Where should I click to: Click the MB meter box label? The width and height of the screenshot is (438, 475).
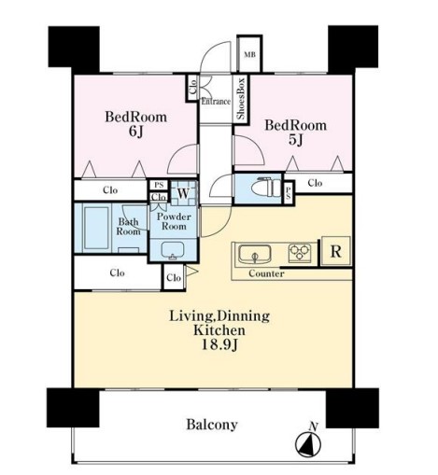(249, 55)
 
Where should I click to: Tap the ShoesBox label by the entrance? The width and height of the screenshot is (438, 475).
(241, 98)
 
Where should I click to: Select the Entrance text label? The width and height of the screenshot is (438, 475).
(216, 102)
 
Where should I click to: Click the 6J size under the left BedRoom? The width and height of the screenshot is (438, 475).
(135, 132)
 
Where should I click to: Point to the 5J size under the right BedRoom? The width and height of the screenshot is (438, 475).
(295, 140)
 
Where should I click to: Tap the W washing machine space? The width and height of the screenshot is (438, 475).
(184, 193)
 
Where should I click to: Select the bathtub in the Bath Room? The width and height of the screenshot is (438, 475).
(96, 228)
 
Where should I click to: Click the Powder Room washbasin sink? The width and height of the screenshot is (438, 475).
(173, 250)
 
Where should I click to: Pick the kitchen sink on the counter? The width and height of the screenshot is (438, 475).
(254, 254)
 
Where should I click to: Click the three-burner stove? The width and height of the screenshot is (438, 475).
(300, 252)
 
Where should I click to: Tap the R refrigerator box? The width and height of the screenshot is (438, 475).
(335, 251)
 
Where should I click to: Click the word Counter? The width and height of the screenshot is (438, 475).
(266, 273)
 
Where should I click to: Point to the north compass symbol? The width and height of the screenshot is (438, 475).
(308, 444)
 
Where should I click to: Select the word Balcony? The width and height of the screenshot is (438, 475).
(212, 425)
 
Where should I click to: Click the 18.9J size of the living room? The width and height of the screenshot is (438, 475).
(219, 344)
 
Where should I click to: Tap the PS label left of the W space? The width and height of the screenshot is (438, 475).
(159, 185)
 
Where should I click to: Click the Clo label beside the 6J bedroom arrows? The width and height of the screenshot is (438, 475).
(110, 189)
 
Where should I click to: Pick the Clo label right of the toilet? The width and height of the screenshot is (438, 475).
(315, 183)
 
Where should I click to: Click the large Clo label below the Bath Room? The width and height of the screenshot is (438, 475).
(118, 272)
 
